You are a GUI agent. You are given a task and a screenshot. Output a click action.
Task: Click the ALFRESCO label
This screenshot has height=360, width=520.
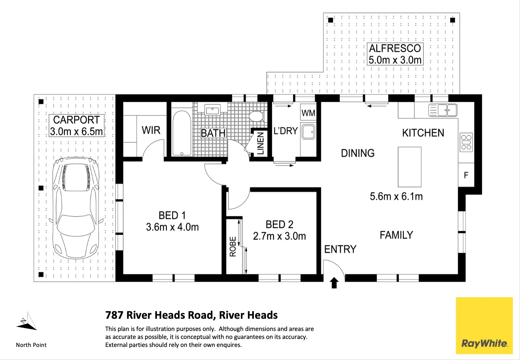395,48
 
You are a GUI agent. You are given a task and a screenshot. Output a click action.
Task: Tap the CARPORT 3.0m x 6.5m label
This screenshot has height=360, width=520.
76,125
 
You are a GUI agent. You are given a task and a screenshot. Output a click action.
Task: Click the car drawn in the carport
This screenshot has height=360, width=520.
76,208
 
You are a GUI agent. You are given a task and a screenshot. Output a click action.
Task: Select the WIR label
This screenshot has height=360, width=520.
151,130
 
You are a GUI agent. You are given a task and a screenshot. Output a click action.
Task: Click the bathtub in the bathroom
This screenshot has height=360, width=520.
182,133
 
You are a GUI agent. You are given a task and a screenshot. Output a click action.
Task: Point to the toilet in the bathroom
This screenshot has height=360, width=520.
257,116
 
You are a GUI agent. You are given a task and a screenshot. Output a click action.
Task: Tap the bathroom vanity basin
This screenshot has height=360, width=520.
212,110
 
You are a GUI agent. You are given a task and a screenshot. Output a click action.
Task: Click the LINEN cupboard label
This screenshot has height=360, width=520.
261,144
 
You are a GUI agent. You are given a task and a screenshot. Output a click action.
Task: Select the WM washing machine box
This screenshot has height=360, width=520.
308,112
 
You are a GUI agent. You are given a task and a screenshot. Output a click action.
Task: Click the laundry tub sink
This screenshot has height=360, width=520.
308,132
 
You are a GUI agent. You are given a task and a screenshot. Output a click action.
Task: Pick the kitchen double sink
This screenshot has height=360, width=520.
443,110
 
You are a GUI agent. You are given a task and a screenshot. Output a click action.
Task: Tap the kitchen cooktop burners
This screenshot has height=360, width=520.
466,142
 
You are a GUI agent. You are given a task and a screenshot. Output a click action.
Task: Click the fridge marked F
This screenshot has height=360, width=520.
466,175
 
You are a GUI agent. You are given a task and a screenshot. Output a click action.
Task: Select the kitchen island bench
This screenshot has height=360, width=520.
410,167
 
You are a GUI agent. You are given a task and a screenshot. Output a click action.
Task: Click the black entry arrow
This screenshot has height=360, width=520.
334,283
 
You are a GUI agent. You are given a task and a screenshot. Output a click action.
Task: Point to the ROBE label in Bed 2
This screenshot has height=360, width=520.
233,246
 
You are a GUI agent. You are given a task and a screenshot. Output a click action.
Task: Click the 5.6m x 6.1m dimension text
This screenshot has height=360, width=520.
396,197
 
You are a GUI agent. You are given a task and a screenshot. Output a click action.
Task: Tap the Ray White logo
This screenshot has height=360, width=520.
484,325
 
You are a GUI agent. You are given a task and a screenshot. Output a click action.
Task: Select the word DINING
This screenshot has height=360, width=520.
358,153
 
